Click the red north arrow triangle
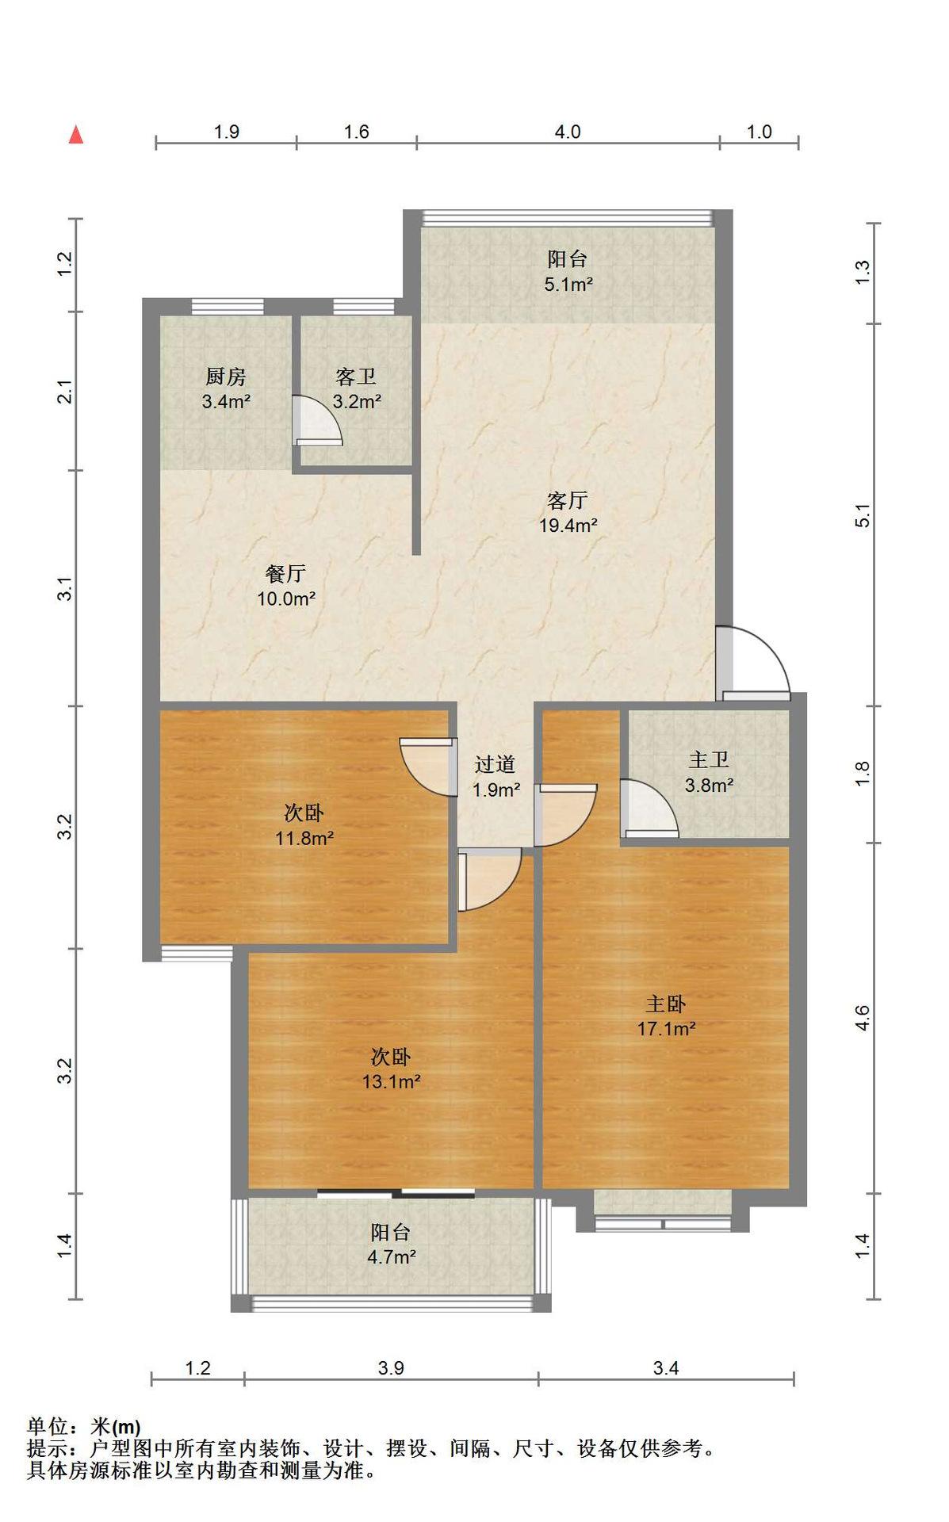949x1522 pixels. click(76, 135)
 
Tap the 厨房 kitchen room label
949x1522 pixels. click(226, 377)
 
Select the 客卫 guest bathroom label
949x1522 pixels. click(356, 377)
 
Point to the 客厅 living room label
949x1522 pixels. click(568, 500)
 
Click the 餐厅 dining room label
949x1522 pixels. click(286, 573)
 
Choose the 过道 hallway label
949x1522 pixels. click(496, 764)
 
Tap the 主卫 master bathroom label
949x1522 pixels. click(709, 760)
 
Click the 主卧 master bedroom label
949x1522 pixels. click(666, 1004)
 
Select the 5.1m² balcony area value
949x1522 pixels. click(568, 284)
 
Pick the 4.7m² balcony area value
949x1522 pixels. click(392, 1256)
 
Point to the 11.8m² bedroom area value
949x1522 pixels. click(304, 837)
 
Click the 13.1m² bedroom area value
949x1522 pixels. click(392, 1081)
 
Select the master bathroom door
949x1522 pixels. click(649, 808)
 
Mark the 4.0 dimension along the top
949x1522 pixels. click(568, 132)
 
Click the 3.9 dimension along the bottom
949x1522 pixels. click(391, 1367)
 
